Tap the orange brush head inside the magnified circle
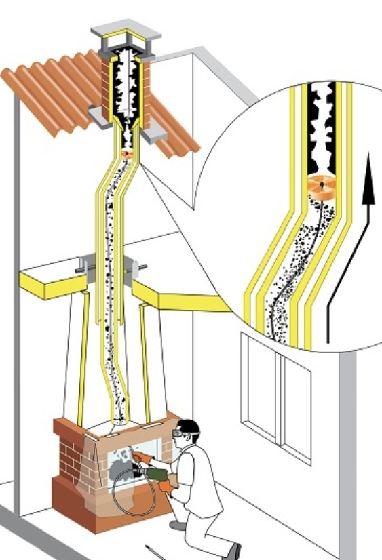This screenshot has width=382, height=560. tap(322, 184)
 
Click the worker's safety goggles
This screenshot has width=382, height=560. tap(182, 429)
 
